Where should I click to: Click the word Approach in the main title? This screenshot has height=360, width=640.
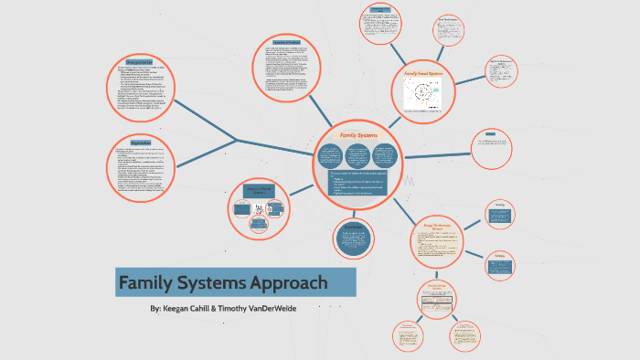click(287, 283)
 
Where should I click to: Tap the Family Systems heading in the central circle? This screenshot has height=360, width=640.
click(358, 135)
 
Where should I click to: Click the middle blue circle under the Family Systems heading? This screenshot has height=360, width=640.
click(358, 156)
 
